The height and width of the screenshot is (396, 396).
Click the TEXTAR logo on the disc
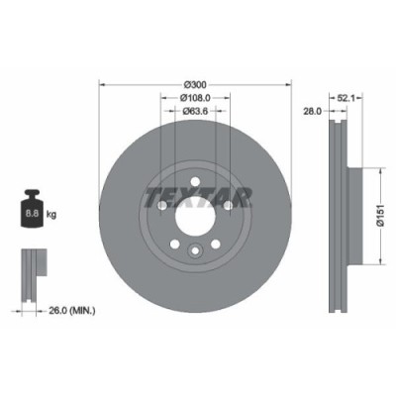point(197,193)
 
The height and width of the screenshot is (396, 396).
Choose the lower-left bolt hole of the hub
point(174,245)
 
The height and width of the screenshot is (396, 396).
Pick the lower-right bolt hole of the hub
point(220,245)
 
